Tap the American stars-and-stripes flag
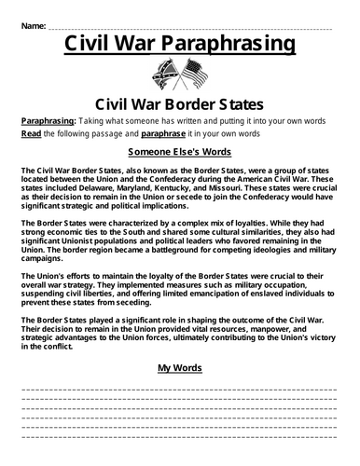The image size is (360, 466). click(x=193, y=75)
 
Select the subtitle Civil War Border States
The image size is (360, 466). click(x=179, y=104)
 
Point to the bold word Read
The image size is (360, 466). click(x=29, y=134)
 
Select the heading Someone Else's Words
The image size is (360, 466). click(x=179, y=151)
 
